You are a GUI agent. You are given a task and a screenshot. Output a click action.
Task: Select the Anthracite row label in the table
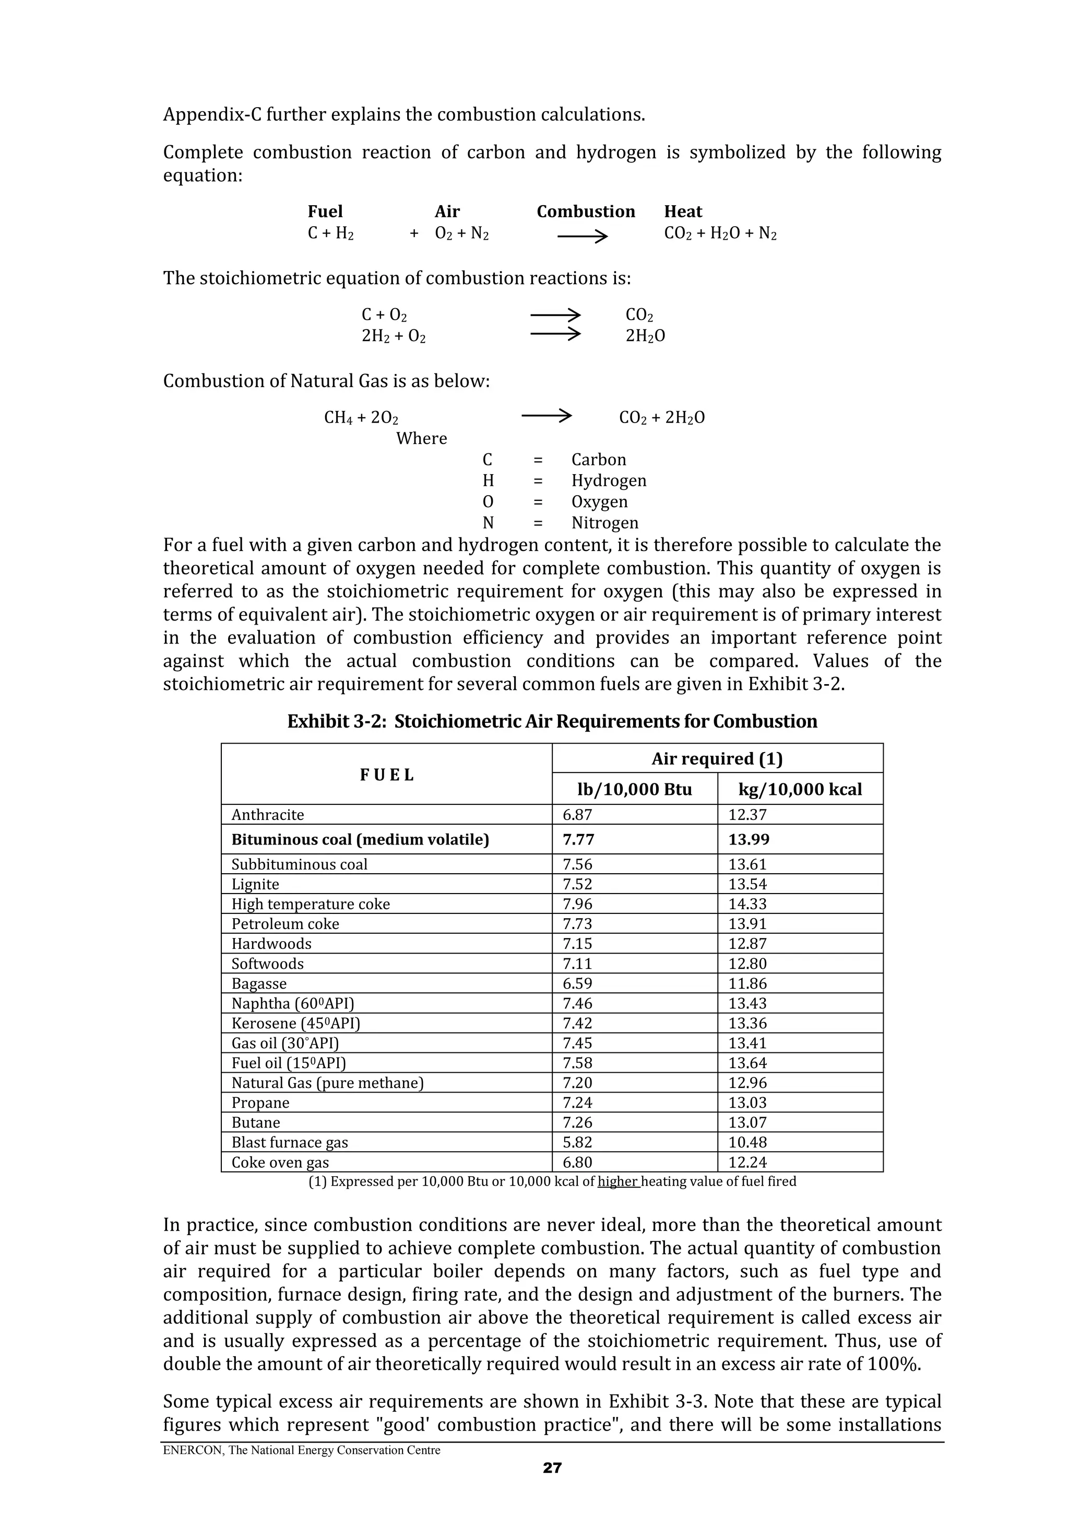(267, 815)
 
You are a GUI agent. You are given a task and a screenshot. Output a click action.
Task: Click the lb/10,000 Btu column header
(634, 790)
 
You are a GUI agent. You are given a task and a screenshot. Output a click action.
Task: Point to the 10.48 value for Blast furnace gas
(747, 1143)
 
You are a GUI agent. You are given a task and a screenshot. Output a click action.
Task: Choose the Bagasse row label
(259, 984)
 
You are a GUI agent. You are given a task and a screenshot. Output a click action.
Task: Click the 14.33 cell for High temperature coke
(747, 904)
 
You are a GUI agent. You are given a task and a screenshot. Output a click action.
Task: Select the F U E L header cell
(387, 775)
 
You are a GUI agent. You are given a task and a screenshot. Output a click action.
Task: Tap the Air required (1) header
(717, 759)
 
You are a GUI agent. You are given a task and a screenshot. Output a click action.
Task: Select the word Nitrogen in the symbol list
(604, 523)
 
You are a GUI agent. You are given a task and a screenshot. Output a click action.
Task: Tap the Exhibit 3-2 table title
(552, 722)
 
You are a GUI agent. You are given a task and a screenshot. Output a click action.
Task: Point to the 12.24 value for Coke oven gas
(747, 1163)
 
